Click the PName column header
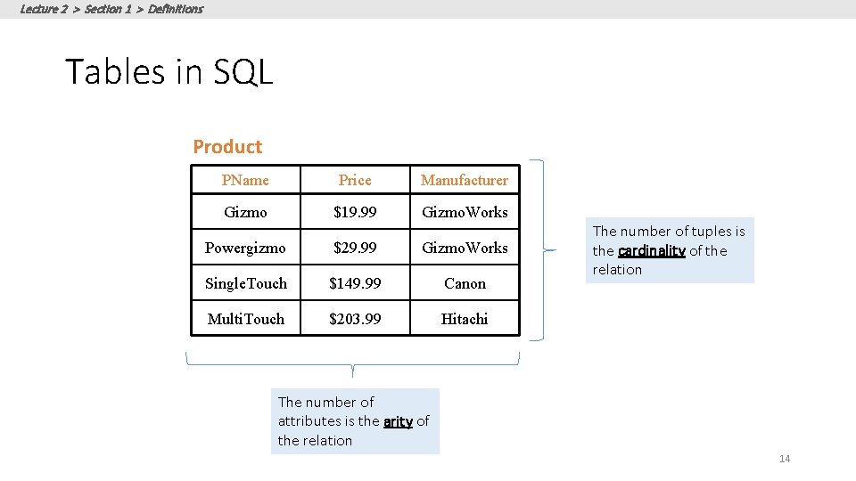(245, 180)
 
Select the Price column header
(355, 180)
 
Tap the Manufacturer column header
(465, 180)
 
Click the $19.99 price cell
(355, 212)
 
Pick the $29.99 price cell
(355, 248)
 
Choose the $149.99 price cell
(355, 283)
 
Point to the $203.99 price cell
(355, 319)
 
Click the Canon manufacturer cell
(465, 283)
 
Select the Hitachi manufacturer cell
(465, 319)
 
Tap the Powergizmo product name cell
(245, 248)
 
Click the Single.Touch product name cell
(245, 283)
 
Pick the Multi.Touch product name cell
(245, 319)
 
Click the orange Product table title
(227, 147)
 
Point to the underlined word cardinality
(651, 251)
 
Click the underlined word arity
(398, 421)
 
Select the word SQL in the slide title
(243, 71)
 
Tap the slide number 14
(785, 459)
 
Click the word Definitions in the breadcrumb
(176, 9)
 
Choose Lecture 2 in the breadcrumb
(43, 9)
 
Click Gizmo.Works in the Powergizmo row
(465, 248)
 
